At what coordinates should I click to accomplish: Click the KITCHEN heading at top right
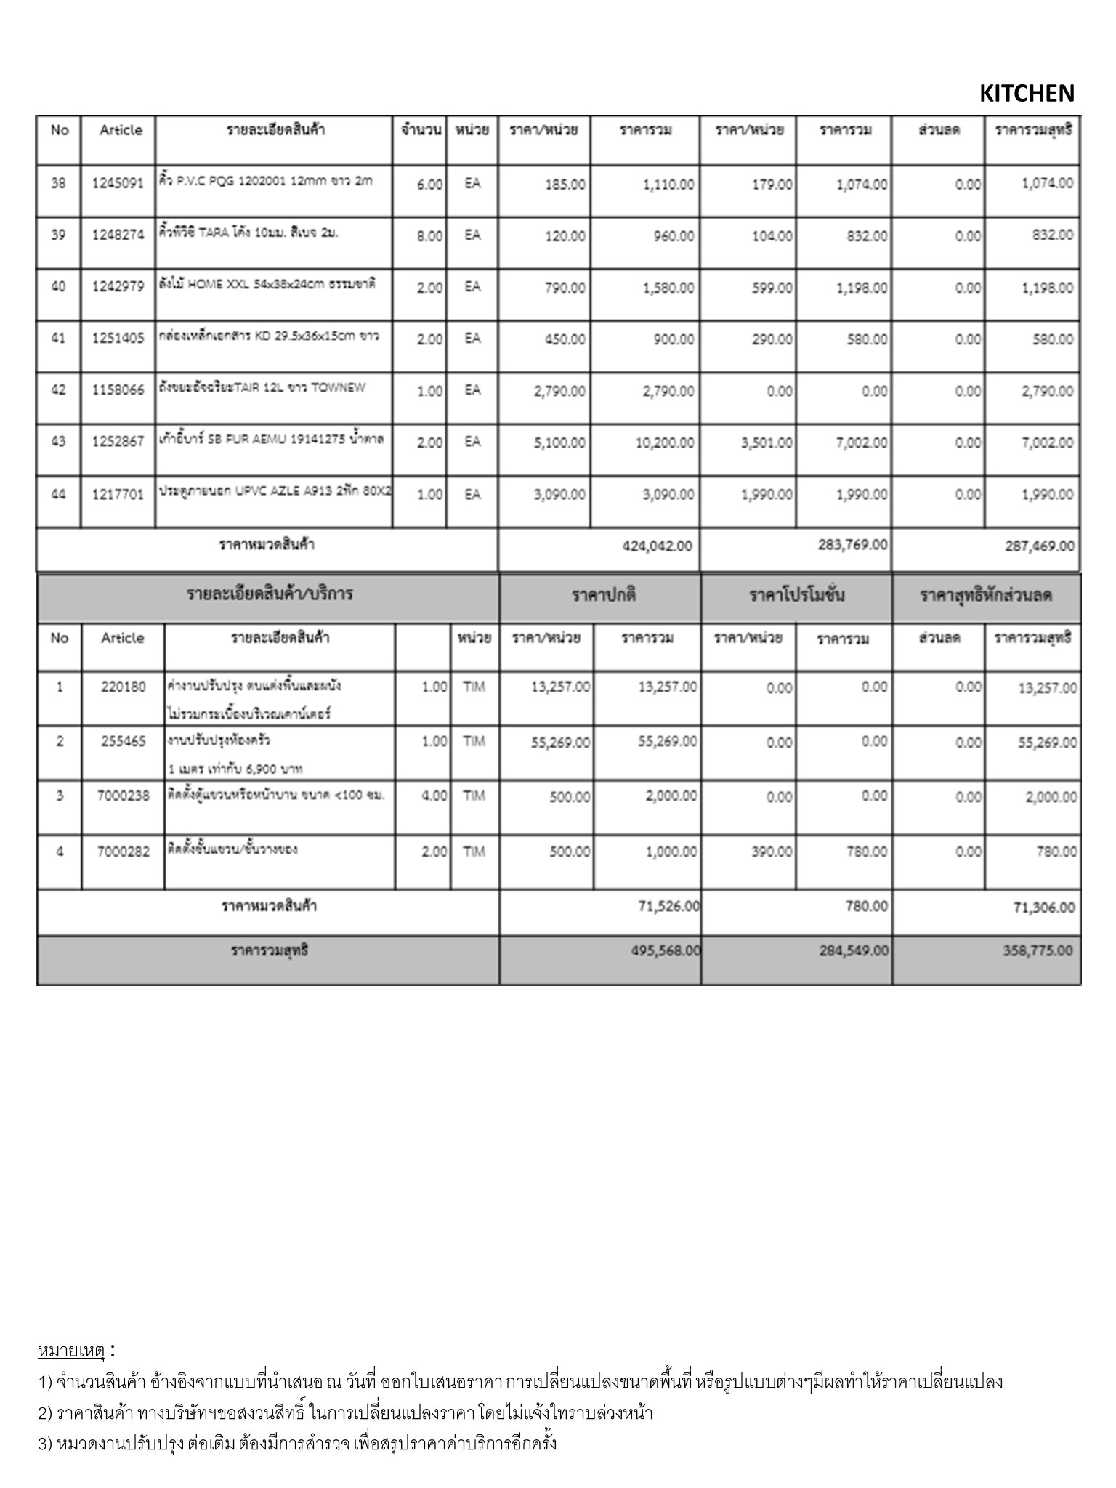(1026, 94)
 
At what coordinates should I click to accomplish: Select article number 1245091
(118, 184)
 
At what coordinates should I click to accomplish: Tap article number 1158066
(118, 390)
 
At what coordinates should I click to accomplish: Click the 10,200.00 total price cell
(664, 442)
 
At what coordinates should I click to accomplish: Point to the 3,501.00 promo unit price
(767, 442)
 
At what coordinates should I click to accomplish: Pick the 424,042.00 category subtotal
(657, 546)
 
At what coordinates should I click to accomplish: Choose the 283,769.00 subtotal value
(852, 544)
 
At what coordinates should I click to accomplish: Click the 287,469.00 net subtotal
(1039, 546)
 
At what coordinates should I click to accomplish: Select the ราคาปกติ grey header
(603, 596)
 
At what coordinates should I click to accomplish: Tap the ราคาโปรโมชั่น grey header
(796, 596)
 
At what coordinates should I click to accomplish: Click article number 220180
(123, 687)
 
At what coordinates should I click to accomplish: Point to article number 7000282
(123, 852)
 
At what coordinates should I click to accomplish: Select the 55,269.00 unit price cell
(560, 743)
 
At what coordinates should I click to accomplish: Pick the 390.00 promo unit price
(772, 852)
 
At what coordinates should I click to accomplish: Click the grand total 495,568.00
(666, 951)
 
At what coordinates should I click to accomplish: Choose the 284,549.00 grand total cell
(853, 951)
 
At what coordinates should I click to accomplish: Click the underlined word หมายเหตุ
(71, 1351)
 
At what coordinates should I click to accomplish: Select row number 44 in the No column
(59, 494)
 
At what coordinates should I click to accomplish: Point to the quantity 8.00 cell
(429, 236)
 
